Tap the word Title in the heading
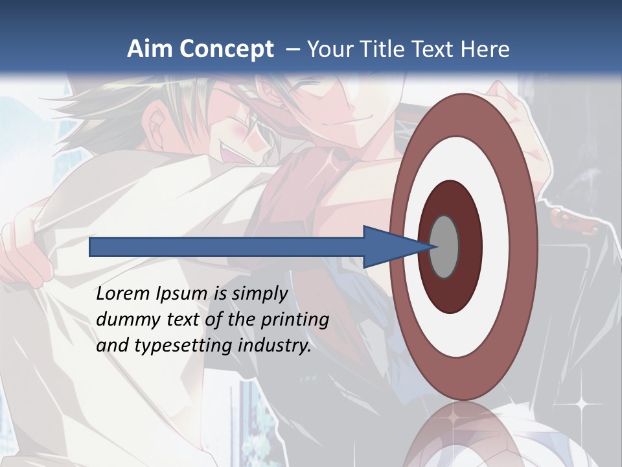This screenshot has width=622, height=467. tap(377, 49)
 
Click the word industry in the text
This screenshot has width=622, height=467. tap(275, 346)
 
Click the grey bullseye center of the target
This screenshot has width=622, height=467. tap(444, 246)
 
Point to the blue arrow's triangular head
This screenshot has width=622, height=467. tap(389, 246)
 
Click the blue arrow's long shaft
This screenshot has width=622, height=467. tap(227, 246)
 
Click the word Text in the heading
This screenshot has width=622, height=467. tap(432, 49)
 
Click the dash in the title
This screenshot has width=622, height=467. tap(293, 50)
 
